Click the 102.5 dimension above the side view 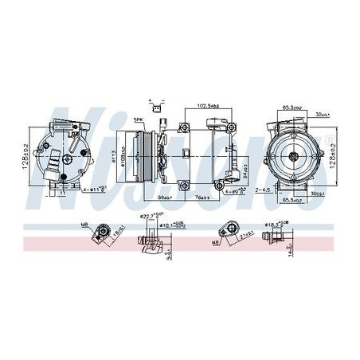(208, 106)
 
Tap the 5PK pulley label (138, 120)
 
